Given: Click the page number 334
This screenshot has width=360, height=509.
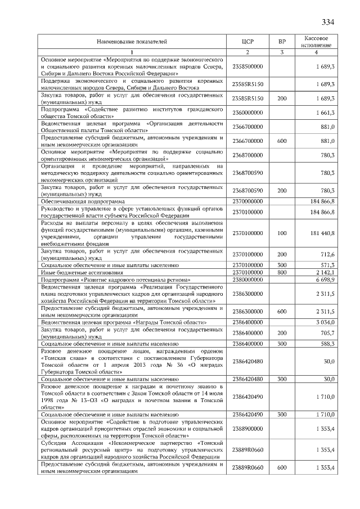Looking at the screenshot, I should pyautogui.click(x=328, y=22).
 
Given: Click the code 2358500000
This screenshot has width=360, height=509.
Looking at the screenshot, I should pyautogui.click(x=248, y=66).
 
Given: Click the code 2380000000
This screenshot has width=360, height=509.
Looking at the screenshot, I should pyautogui.click(x=248, y=280).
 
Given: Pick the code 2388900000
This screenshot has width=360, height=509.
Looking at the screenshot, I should pyautogui.click(x=248, y=429).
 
